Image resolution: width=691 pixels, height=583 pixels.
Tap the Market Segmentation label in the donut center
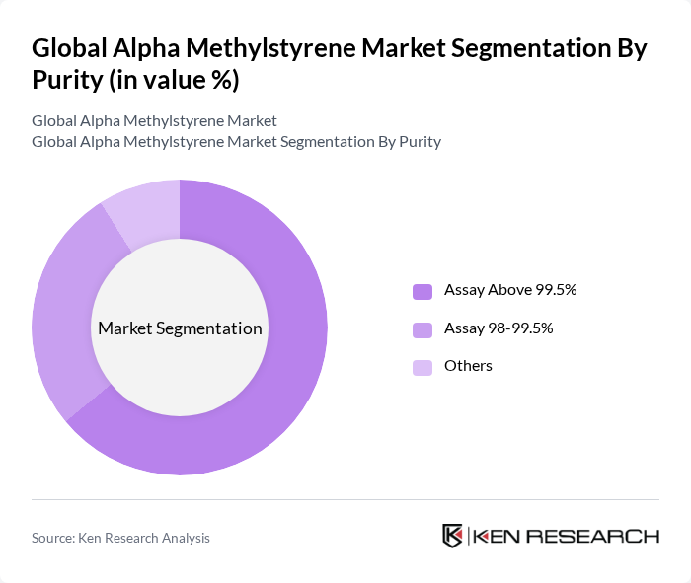[180, 328]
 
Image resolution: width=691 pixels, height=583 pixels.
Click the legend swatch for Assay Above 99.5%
[422, 291]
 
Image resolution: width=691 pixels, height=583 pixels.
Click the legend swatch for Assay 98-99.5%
[422, 328]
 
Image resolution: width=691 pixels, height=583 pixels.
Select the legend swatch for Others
[422, 367]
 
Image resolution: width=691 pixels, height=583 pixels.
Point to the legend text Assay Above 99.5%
[509, 291]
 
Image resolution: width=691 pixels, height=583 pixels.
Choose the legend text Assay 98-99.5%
[498, 328]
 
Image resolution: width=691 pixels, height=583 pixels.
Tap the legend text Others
[468, 366]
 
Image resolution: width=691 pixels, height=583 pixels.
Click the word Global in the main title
[69, 49]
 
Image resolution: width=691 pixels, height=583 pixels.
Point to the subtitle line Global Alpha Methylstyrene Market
[154, 121]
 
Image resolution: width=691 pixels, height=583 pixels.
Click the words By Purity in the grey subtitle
[409, 142]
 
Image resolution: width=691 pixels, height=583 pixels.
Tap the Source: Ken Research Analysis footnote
[120, 538]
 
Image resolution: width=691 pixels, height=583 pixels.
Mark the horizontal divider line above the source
[345, 500]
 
